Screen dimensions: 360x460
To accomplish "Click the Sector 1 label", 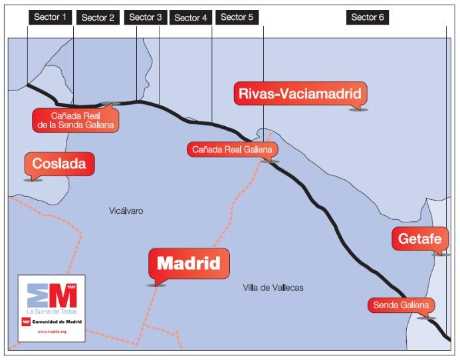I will pos(50,17).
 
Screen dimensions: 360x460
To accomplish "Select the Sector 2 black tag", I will pos(98,18).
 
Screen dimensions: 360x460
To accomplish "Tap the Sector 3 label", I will pos(146,17).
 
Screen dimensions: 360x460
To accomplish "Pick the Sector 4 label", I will pos(191,18).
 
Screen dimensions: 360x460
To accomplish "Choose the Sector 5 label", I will pos(237,17).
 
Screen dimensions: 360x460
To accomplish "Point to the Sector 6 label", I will pos(368,17).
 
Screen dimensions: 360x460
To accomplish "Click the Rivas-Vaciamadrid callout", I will pos(301,94).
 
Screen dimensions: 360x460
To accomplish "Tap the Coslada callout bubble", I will pos(59,164).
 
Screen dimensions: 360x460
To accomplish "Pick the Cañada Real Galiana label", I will pos(232,150).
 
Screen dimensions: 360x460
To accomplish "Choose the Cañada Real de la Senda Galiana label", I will pos(75,120).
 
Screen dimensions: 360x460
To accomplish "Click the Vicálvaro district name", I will pos(126,211).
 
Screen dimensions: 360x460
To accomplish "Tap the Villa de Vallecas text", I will pos(274,288).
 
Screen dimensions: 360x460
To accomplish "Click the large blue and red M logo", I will pos(52,294).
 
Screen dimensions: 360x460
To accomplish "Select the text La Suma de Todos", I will pos(52,311).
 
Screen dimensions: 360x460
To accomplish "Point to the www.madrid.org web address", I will pos(51,331).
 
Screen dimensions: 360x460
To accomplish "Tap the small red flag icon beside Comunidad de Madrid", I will pos(27,321).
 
